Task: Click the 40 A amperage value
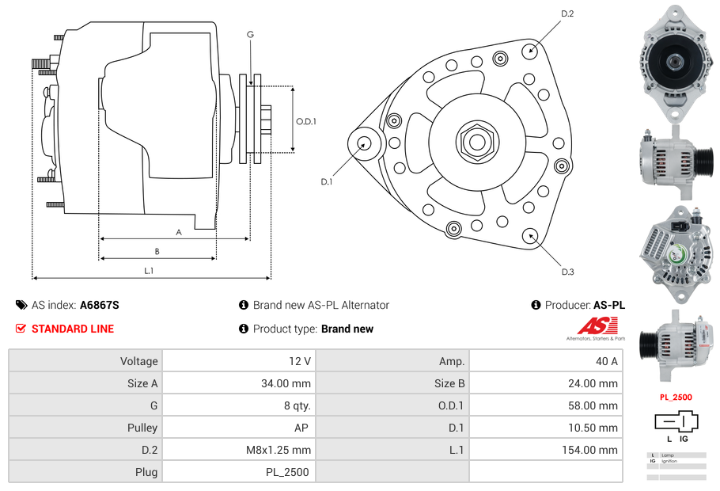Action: pyautogui.click(x=606, y=361)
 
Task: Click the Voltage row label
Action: pyautogui.click(x=138, y=361)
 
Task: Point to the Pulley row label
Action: pyautogui.click(x=142, y=428)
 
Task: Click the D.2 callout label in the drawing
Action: pyautogui.click(x=567, y=13)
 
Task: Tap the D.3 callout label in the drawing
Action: pyautogui.click(x=567, y=272)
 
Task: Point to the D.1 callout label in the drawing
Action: pyautogui.click(x=327, y=181)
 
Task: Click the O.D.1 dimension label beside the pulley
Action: pyautogui.click(x=306, y=121)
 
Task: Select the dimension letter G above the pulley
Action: pyautogui.click(x=250, y=34)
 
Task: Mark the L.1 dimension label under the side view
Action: pyautogui.click(x=149, y=271)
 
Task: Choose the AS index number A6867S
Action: pyautogui.click(x=99, y=305)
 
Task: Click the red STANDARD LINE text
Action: pyautogui.click(x=73, y=329)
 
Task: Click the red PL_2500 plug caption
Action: pyautogui.click(x=676, y=397)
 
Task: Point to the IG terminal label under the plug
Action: pyautogui.click(x=684, y=438)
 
